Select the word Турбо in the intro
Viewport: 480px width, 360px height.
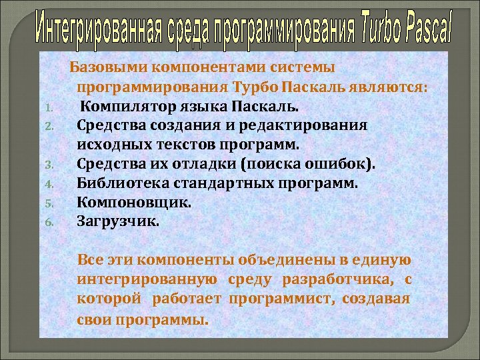point(255,87)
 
